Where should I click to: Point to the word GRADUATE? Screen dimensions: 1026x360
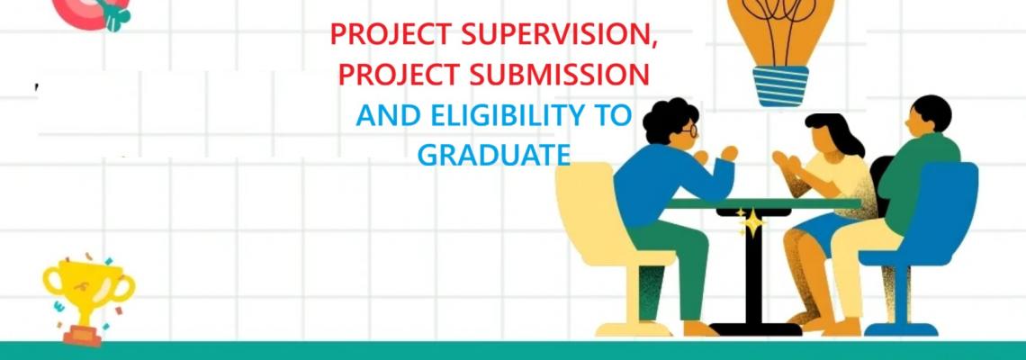pos(493,155)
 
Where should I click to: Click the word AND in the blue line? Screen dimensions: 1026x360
pos(390,116)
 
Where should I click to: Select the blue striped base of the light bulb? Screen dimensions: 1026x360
pos(780,85)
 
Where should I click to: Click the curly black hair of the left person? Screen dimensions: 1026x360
pos(668,119)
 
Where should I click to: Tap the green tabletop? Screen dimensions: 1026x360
pos(761,203)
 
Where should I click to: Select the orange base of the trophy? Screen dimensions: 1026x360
pos(83,336)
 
